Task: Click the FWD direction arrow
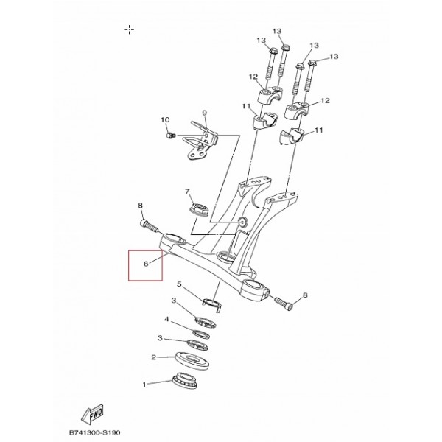tap(93, 415)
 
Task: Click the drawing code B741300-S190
tap(95, 432)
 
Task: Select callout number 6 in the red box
tap(146, 264)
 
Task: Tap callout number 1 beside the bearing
tap(144, 385)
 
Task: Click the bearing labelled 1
tap(185, 380)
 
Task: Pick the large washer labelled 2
tap(192, 361)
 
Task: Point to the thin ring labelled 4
tap(201, 334)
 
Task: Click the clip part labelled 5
tap(212, 304)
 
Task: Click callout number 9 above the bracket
tap(204, 113)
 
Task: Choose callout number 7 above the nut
tap(187, 192)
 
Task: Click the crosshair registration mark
tap(130, 29)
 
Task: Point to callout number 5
tap(179, 284)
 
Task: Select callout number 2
tap(153, 357)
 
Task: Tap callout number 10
tap(165, 120)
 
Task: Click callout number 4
tap(167, 320)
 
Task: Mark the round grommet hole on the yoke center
tap(242, 222)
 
